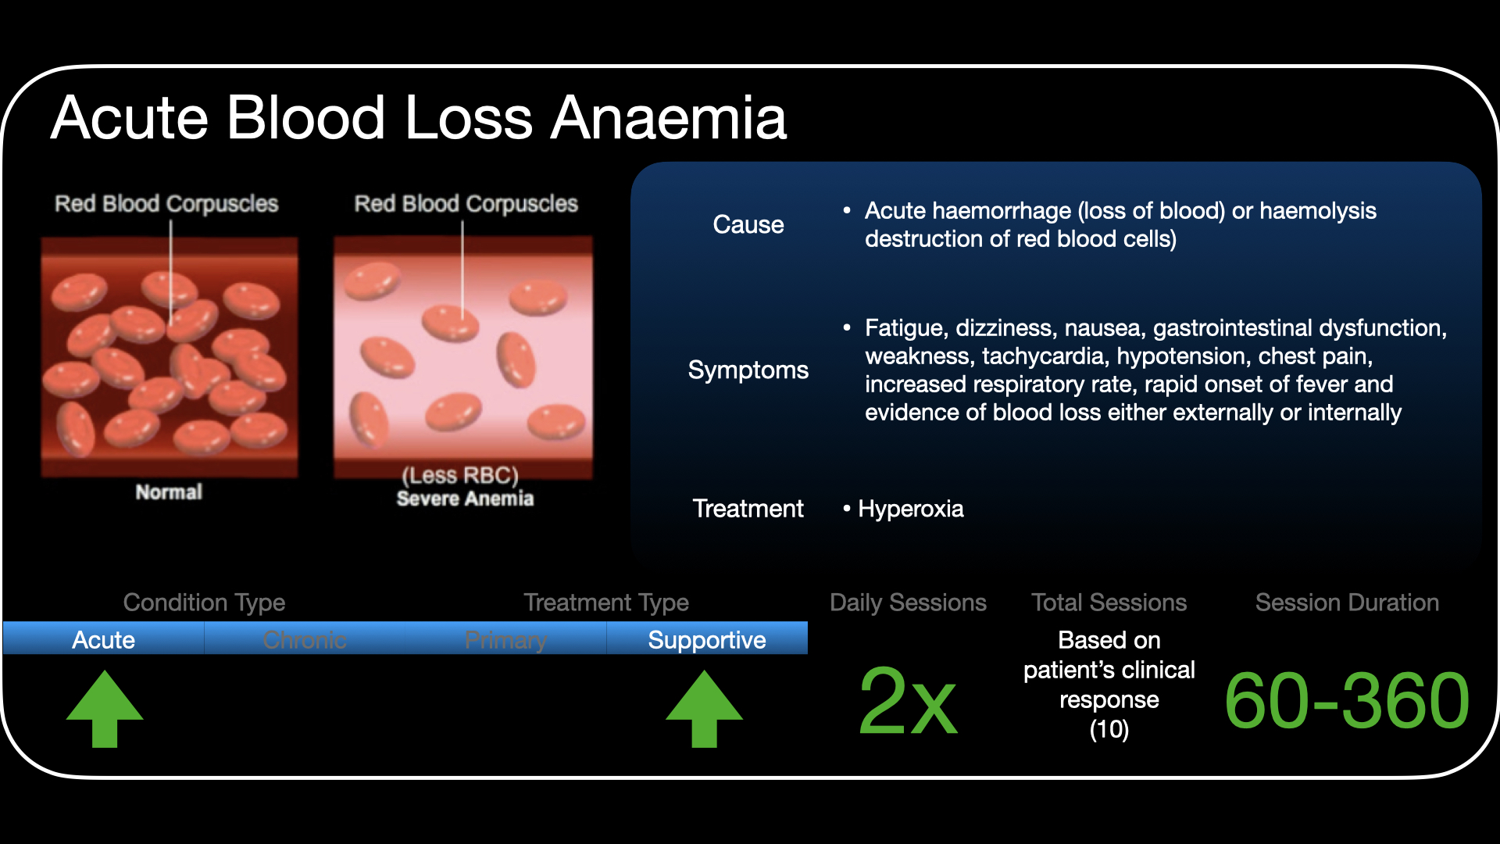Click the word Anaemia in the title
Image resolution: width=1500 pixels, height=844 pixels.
(x=669, y=118)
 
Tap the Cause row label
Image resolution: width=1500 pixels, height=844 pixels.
(x=748, y=225)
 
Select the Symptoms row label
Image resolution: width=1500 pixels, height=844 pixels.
(x=748, y=370)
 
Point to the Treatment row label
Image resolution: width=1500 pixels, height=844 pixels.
(x=748, y=509)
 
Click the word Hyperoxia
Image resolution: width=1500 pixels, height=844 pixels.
(x=911, y=510)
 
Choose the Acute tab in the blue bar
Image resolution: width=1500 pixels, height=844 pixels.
(x=104, y=640)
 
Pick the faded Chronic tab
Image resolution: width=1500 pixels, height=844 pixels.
(x=305, y=640)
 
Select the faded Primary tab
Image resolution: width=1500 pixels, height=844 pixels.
(x=505, y=641)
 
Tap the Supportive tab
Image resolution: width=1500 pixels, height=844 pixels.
(x=707, y=641)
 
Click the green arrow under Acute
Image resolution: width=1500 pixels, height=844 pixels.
(x=105, y=708)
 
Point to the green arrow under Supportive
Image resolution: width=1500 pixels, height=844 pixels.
(x=705, y=708)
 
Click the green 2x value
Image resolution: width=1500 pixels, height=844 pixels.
(x=908, y=701)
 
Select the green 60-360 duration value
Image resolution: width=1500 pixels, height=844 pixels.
(x=1348, y=700)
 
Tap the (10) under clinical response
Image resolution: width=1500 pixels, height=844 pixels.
(x=1109, y=730)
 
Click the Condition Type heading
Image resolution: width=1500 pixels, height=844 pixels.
(x=205, y=603)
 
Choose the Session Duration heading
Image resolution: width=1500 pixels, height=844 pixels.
(x=1348, y=603)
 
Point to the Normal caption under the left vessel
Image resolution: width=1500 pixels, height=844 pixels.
(x=169, y=492)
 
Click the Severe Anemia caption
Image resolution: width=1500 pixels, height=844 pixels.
(x=465, y=499)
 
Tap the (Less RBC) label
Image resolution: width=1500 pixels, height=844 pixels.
(x=461, y=476)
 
